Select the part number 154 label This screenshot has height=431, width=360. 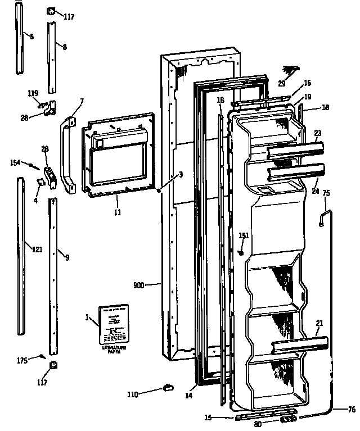click(x=15, y=162)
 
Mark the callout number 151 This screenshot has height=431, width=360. click(x=243, y=236)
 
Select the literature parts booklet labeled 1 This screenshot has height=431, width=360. click(x=114, y=325)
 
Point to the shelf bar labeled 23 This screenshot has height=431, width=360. click(x=295, y=149)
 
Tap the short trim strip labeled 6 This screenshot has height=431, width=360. click(x=20, y=38)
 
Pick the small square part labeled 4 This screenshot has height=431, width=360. click(x=40, y=182)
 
